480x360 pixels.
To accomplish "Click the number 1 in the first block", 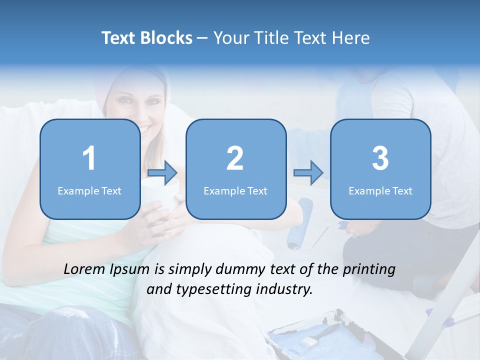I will coord(89,158).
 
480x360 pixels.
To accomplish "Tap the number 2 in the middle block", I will coord(235,158).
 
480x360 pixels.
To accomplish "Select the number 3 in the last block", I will coord(380,158).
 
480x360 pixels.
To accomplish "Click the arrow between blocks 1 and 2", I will coord(162,173).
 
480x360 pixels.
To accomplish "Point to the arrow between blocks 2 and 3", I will coord(308,173).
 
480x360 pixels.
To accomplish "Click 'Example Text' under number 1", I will coord(89,191).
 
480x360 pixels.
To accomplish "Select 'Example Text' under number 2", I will coord(235,191).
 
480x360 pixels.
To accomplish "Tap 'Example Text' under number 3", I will coord(380,191).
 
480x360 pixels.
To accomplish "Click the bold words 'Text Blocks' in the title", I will coord(146,38).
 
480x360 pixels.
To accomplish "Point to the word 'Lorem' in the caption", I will coord(85,269).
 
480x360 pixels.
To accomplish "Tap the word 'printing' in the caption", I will coord(368,269).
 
